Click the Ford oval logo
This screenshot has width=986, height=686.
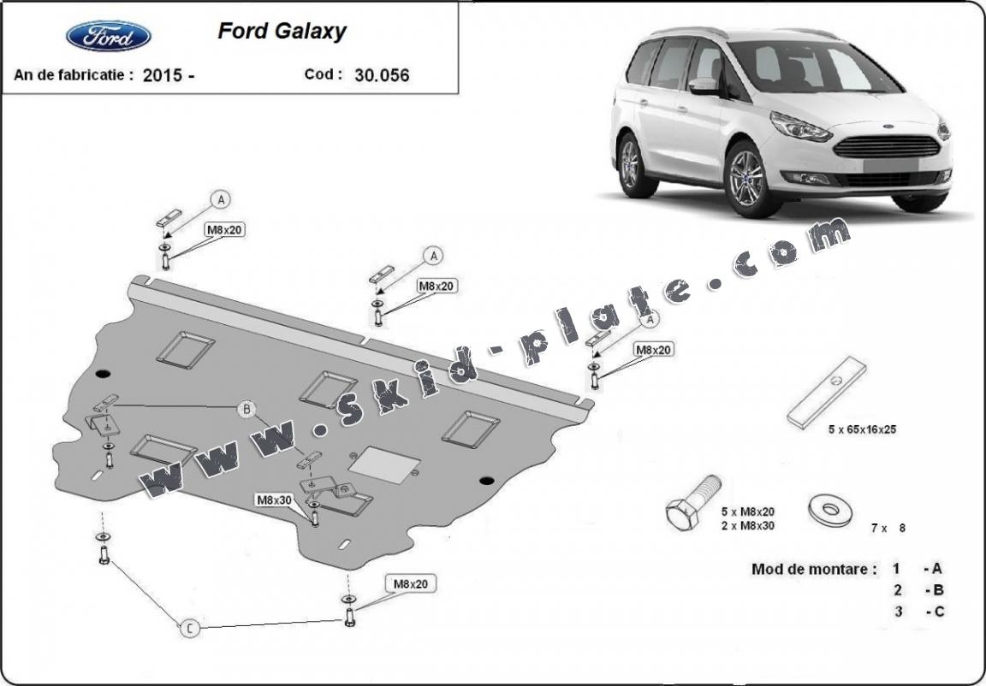(x=108, y=36)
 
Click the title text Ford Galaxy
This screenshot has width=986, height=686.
(x=282, y=32)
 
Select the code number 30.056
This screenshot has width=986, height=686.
(x=381, y=75)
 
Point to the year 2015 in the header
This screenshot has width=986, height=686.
(x=163, y=75)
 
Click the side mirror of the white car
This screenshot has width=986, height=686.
(x=704, y=85)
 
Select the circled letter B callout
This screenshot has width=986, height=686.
(x=246, y=410)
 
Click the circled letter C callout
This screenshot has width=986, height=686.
(x=190, y=629)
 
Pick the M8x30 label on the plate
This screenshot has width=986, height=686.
(x=274, y=499)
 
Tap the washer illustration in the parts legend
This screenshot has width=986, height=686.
(x=829, y=511)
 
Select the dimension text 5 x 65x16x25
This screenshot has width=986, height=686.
(x=862, y=430)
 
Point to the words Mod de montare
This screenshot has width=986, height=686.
(x=814, y=568)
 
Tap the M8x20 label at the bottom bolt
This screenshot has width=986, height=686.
(x=410, y=583)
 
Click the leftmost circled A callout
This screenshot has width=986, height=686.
(x=222, y=200)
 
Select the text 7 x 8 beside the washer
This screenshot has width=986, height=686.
(x=888, y=528)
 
